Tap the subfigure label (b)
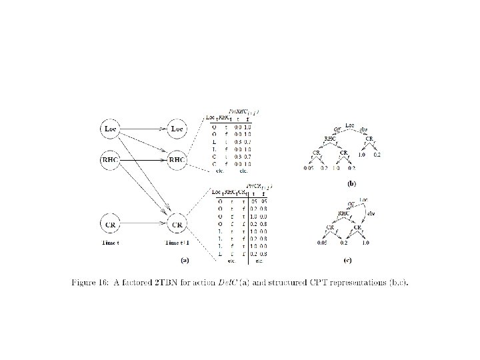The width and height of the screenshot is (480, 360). pos(352,183)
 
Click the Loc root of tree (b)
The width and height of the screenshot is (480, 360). pos(351,125)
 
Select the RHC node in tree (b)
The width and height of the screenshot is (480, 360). pos(329,139)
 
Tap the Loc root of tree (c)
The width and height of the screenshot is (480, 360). pos(364,199)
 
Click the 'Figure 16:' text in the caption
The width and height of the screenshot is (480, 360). pos(90,282)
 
